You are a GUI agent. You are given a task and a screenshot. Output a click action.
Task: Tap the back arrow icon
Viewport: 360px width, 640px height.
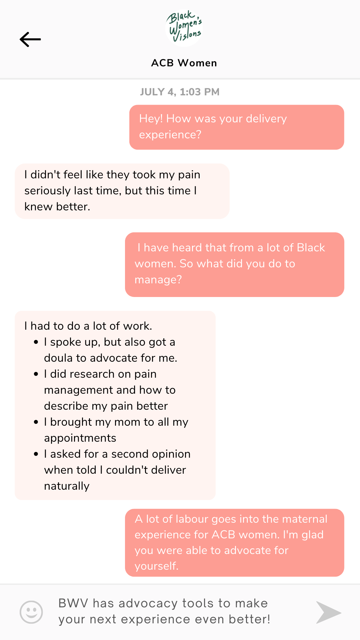click(30, 39)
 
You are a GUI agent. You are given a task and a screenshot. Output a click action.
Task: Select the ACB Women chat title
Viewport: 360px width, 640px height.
click(184, 63)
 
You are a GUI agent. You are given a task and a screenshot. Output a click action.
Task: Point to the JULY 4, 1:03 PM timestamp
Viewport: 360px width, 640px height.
click(180, 92)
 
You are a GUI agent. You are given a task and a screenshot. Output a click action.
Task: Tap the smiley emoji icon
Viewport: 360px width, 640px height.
click(31, 612)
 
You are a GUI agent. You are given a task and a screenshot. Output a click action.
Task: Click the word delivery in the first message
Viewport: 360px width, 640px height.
click(266, 119)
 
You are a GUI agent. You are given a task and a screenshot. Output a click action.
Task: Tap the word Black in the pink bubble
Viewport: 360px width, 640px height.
click(311, 248)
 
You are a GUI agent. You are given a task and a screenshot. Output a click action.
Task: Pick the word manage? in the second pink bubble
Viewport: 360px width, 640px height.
click(158, 280)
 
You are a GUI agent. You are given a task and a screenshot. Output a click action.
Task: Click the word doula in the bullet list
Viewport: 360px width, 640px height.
click(58, 358)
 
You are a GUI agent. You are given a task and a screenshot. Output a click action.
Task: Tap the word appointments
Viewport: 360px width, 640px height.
click(80, 438)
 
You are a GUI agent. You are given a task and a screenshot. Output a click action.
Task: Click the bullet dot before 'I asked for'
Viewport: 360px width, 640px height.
click(36, 454)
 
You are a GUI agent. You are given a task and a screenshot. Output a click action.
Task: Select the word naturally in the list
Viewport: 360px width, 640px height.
click(67, 486)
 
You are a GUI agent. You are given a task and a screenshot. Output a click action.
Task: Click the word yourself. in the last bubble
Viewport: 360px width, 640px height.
click(156, 566)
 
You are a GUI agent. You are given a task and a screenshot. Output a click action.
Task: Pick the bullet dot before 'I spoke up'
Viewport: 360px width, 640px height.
click(36, 342)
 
